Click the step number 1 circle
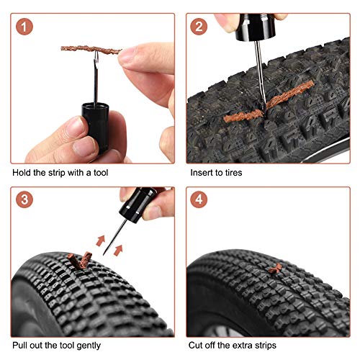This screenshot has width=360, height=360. click(24, 27)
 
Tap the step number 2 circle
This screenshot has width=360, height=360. click(199, 27)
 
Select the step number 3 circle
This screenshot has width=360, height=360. click(24, 199)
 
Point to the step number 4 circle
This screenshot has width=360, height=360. click(199, 199)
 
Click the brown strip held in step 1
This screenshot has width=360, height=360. click(91, 49)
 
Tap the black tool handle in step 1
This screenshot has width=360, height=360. click(96, 127)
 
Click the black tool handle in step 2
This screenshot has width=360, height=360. click(255, 27)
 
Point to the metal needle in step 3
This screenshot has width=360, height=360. click(114, 238)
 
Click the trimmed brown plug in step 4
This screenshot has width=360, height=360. click(275, 269)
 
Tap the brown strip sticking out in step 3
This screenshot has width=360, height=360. click(80, 261)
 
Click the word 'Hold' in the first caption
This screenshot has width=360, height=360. click(22, 173)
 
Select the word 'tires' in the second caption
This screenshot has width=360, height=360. click(233, 173)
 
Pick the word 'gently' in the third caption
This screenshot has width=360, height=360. click(89, 346)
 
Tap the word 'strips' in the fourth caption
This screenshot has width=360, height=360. click(265, 346)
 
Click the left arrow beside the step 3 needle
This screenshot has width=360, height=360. click(101, 240)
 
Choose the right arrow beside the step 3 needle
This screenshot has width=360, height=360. click(118, 251)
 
